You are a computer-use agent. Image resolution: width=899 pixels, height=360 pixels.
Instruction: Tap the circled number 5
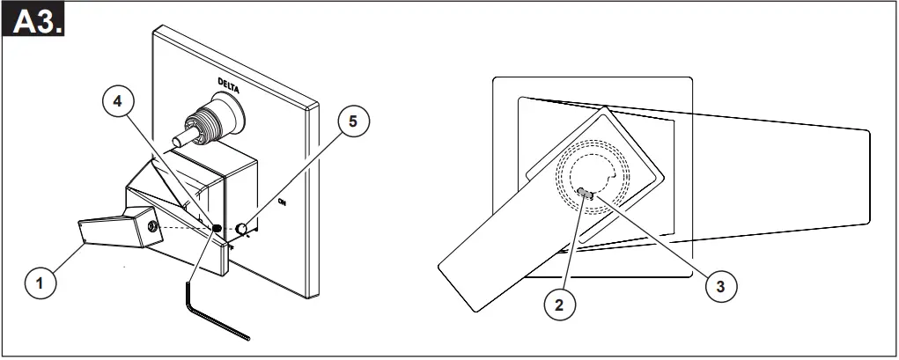[352, 121]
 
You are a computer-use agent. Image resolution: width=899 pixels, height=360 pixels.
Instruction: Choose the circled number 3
[721, 285]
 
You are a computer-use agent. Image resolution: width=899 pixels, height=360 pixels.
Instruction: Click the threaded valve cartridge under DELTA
[208, 121]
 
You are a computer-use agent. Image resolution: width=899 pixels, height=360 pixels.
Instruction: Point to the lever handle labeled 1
[110, 231]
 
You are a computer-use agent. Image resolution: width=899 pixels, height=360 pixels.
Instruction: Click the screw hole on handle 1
[155, 228]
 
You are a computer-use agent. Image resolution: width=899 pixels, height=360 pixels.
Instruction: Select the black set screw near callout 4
[216, 229]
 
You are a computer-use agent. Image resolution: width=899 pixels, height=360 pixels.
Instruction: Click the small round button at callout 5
[241, 229]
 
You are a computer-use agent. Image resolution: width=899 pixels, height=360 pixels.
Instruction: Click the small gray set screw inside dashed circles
[587, 193]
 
